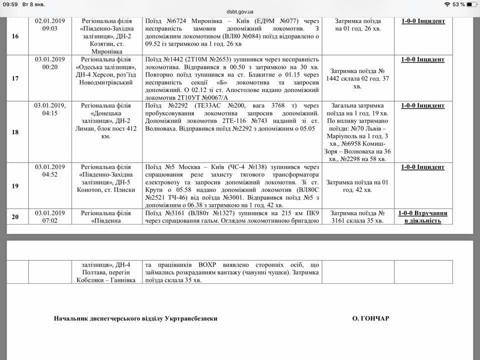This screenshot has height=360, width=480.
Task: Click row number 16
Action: pos(15,36)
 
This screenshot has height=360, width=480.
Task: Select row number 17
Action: pos(15,78)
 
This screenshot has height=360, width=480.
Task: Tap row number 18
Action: pos(15,131)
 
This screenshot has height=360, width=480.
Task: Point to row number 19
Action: pos(15,186)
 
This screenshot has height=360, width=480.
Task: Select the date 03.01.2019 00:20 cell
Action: pos(50,63)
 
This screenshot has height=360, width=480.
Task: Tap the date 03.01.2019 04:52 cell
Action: pos(50,171)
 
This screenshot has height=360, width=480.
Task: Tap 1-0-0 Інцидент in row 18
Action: pos(422,106)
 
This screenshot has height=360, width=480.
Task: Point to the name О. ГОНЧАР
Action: pos(370,318)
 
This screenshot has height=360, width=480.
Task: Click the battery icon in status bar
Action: pos(470,4)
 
